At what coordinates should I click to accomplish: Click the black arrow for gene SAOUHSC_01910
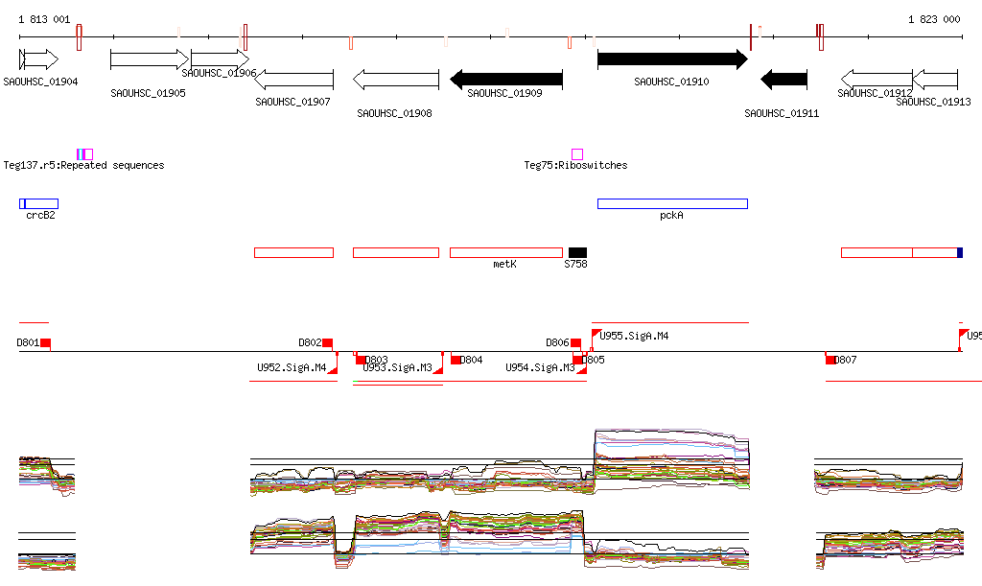tap(671, 59)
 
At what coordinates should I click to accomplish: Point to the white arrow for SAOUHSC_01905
tap(150, 59)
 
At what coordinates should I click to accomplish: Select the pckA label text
tap(671, 216)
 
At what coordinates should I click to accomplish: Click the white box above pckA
tap(671, 203)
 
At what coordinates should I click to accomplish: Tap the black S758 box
tap(577, 252)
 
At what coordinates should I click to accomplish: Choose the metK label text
tap(504, 263)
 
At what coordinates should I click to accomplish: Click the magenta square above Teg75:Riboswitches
tap(577, 154)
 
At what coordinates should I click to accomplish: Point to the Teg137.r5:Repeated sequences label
tap(83, 165)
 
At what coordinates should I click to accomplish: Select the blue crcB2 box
tap(39, 203)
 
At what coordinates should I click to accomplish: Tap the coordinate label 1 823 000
tap(934, 19)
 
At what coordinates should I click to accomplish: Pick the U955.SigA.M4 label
tap(634, 337)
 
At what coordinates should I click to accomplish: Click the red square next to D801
tap(45, 343)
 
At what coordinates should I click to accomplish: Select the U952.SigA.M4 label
tap(292, 367)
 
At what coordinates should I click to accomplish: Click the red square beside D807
tap(830, 360)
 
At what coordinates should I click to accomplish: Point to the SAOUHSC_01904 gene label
tap(40, 82)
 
